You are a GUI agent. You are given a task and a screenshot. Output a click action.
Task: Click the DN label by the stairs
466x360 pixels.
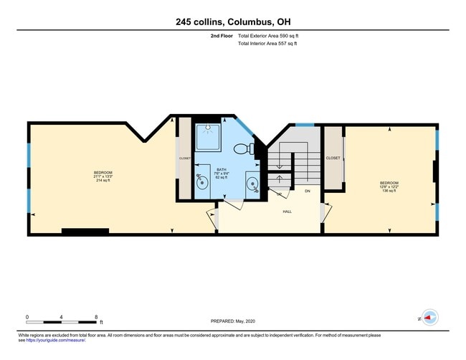[308, 191]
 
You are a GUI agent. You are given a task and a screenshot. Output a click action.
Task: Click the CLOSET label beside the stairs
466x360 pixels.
[333, 158]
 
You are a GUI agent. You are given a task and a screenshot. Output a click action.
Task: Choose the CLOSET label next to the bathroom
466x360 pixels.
[185, 158]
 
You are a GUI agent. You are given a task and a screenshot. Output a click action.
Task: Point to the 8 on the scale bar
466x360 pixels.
[95, 317]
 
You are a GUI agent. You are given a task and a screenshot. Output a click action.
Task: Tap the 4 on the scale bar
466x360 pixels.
[61, 317]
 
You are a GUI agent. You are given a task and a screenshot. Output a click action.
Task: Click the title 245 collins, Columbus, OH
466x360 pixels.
[233, 22]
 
